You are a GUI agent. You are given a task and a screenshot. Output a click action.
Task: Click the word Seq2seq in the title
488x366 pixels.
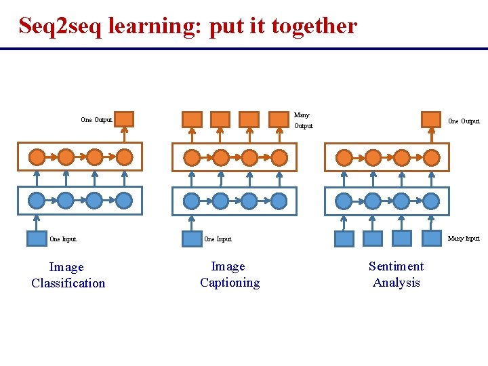click(60, 26)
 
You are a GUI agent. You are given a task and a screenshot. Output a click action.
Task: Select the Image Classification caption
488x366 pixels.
click(68, 275)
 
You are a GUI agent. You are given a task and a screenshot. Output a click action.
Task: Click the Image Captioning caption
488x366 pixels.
click(229, 274)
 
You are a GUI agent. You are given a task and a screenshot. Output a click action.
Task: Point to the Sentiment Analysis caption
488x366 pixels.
click(396, 274)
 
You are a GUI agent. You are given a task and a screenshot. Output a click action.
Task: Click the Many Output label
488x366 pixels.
click(303, 121)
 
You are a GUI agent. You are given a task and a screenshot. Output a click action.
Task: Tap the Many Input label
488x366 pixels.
click(464, 239)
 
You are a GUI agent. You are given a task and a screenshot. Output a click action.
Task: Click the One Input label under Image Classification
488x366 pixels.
click(63, 239)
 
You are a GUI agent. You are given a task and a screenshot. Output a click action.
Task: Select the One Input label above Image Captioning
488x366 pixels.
click(218, 239)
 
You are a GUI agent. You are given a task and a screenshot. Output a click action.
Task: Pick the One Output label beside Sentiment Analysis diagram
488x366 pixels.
click(464, 121)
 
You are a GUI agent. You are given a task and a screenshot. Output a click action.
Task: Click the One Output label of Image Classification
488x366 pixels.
click(96, 120)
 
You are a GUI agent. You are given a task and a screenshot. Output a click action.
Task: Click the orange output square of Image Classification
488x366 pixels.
click(124, 119)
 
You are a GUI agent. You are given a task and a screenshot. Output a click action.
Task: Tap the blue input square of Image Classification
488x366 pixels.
click(35, 239)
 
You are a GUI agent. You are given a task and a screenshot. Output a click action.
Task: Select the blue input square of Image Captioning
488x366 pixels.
click(191, 239)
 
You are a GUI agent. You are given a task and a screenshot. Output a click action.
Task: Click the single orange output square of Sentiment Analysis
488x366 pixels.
click(430, 119)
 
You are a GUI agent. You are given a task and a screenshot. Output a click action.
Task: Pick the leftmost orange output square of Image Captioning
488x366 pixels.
click(192, 119)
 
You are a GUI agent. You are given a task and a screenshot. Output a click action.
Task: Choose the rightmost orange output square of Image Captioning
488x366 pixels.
click(279, 119)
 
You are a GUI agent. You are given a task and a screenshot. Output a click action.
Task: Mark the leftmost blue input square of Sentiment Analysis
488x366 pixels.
click(344, 239)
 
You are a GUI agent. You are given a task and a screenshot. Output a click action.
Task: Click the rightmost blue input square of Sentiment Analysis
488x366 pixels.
click(431, 238)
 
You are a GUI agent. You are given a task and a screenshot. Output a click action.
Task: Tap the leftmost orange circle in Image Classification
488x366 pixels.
click(37, 157)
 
